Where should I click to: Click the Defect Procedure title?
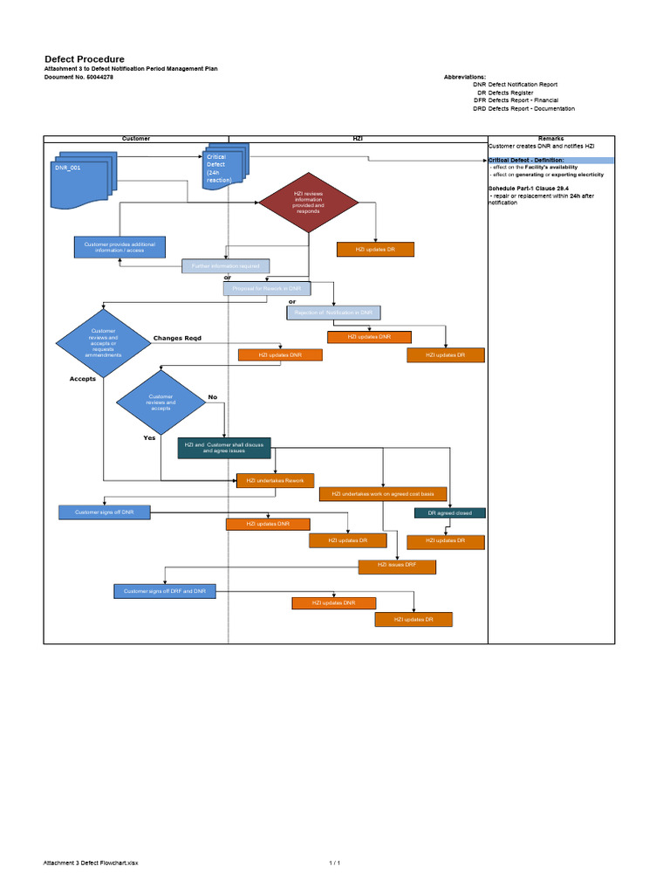(85, 58)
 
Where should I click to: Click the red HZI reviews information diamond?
(308, 203)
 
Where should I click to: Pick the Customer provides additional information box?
(120, 247)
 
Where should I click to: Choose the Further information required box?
(225, 265)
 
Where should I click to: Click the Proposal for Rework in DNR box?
(266, 288)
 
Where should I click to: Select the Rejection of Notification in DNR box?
(334, 312)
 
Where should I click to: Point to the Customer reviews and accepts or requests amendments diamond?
(103, 343)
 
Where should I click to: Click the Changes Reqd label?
(177, 338)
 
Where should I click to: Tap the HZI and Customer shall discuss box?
(224, 448)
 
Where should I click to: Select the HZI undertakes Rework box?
(275, 480)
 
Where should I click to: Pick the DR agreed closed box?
(449, 512)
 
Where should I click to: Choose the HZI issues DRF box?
(397, 567)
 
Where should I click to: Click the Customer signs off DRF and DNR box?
(165, 591)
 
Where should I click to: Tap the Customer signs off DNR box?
(104, 512)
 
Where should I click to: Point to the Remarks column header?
(551, 139)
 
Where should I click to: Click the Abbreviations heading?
(465, 77)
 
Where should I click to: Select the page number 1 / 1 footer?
(334, 863)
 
